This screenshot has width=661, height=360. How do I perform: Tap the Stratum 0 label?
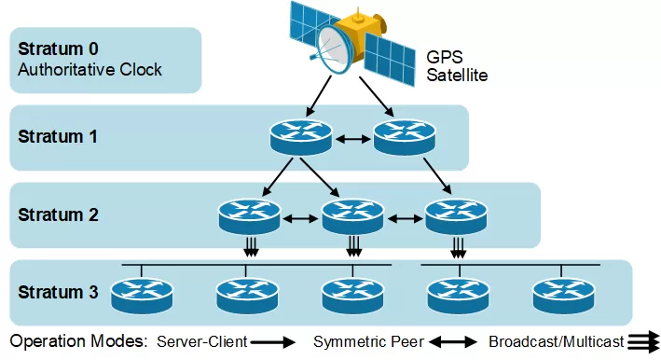[58, 48]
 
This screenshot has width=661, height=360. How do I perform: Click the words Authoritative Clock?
[90, 70]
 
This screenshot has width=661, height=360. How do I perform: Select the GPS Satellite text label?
[457, 64]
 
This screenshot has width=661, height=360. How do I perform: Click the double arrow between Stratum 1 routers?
[352, 139]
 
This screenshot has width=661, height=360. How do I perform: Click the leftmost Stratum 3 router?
[142, 296]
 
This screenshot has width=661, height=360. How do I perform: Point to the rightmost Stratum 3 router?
[562, 296]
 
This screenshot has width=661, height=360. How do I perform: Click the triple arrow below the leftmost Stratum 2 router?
[249, 246]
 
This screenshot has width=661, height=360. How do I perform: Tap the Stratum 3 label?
[58, 293]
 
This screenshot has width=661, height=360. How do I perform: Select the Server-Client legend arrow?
[274, 342]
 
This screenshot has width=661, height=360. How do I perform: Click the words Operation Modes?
[79, 342]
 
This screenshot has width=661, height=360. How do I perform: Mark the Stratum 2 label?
[58, 215]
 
